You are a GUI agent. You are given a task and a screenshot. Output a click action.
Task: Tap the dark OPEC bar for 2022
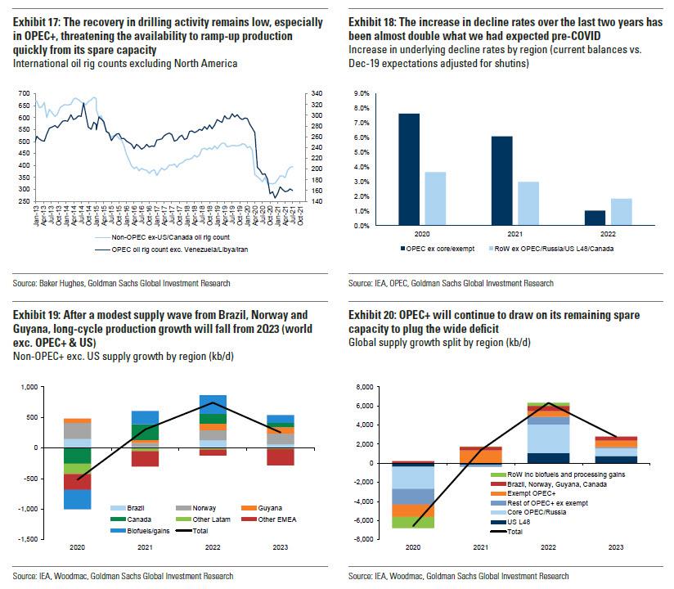pos(595,218)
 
